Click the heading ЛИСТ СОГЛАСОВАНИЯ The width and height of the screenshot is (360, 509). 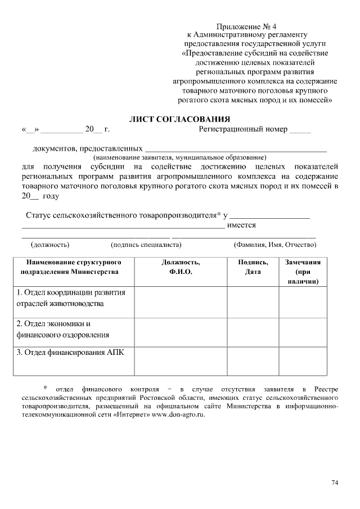tap(180, 119)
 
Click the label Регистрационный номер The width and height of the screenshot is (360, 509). tap(243, 129)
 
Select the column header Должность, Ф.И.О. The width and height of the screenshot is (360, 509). tap(181, 267)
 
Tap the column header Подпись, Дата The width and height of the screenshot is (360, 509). tap(253, 267)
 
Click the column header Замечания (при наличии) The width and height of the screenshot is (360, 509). tap(303, 272)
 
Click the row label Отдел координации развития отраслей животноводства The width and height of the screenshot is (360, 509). tap(70, 298)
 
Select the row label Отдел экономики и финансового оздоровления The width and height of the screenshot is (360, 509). tap(63, 330)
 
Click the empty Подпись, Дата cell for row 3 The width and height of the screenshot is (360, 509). tap(253, 361)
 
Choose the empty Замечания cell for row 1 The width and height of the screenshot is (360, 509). tap(303, 302)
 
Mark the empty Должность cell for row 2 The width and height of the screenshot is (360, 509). tap(181, 332)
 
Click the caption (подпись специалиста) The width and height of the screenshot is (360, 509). tap(146, 245)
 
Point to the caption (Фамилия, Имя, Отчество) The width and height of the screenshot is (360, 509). tap(274, 245)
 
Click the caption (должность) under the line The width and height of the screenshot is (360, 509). tap(50, 245)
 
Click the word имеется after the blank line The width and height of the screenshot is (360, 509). tap(241, 225)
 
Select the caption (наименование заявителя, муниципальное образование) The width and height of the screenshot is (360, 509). tap(179, 157)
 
